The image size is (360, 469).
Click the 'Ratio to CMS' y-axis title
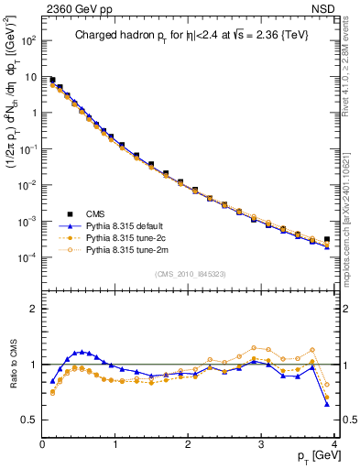pyautogui.click(x=12, y=364)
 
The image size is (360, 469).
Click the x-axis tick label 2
pyautogui.click(x=189, y=444)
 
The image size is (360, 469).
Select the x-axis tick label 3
pyautogui.click(x=262, y=444)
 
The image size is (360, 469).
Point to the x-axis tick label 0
pyautogui.click(x=42, y=444)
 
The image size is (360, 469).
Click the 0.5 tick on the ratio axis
pyautogui.click(x=30, y=420)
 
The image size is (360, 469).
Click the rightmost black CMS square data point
pyautogui.click(x=327, y=240)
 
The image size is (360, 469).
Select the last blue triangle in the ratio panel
pyautogui.click(x=327, y=404)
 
